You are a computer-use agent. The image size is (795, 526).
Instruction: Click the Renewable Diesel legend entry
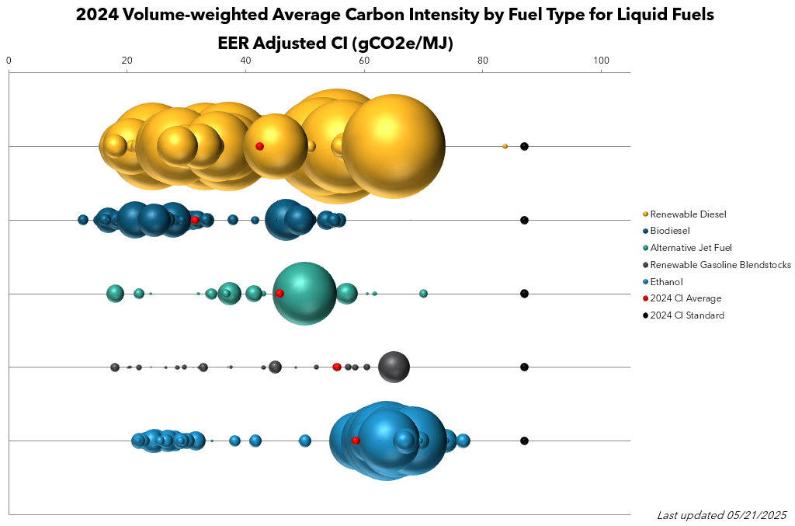click(688, 214)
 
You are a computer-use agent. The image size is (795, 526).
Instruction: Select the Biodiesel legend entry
click(670, 231)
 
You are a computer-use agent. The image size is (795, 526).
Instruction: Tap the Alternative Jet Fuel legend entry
click(691, 248)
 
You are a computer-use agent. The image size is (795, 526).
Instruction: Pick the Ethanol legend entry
click(667, 281)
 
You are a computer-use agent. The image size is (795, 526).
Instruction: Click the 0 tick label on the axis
click(9, 60)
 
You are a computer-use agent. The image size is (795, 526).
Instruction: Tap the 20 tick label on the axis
click(127, 60)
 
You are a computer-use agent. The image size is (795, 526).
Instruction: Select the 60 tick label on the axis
click(364, 60)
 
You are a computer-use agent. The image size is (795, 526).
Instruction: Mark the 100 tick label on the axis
click(601, 60)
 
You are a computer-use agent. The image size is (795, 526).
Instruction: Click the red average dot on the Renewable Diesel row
click(259, 146)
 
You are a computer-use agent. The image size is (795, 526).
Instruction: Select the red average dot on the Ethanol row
click(356, 441)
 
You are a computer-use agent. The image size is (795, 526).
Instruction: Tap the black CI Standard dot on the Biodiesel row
click(524, 220)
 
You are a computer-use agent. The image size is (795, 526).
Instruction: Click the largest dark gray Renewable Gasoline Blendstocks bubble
click(394, 367)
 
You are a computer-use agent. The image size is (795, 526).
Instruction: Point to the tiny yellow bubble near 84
click(505, 146)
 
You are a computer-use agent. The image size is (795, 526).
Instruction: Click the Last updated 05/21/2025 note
click(721, 515)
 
